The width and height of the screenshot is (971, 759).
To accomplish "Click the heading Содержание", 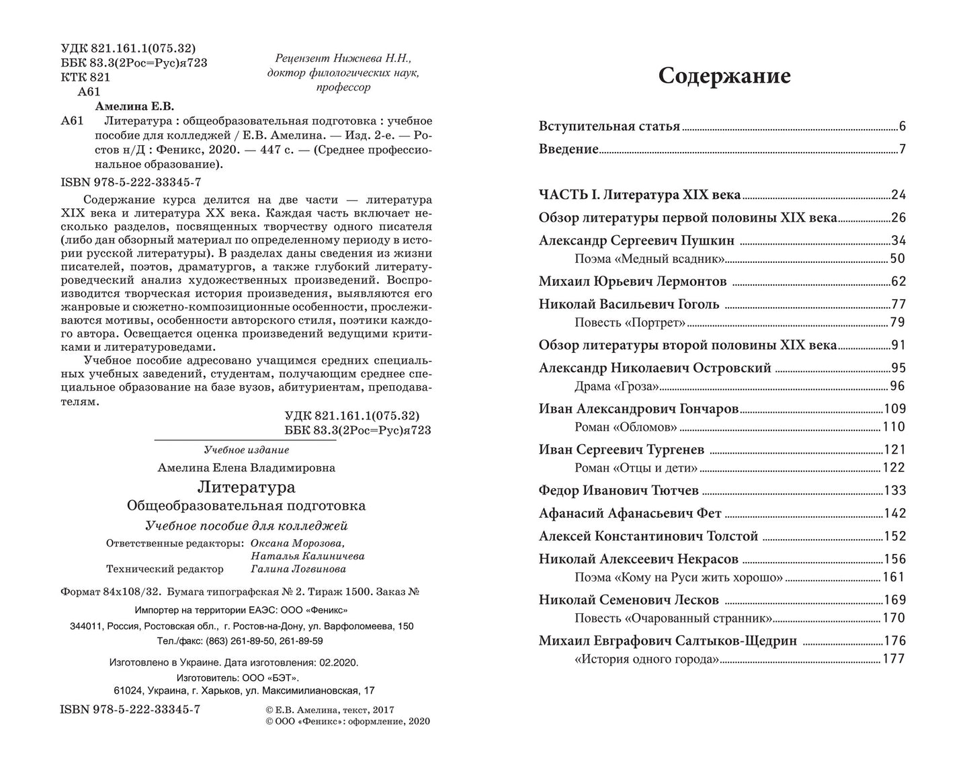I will [x=724, y=76].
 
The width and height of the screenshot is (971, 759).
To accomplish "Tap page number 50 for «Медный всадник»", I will [x=898, y=259].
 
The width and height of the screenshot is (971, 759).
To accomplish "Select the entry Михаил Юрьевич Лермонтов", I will [x=632, y=282].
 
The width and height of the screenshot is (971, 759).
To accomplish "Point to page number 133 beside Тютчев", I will [x=895, y=491].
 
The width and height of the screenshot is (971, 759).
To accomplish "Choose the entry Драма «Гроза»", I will [x=617, y=386].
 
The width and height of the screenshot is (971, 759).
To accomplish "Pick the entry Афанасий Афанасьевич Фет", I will [x=630, y=514].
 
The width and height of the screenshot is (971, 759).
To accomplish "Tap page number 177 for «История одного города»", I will [x=894, y=660].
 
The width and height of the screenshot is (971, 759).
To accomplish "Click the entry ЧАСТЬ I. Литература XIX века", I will [x=639, y=195].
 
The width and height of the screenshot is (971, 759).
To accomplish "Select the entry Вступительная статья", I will [x=609, y=126].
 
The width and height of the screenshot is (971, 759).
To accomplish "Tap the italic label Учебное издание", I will [x=246, y=450].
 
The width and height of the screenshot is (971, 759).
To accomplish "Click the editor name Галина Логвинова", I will [x=298, y=569].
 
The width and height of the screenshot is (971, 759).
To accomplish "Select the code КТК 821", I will [x=85, y=77].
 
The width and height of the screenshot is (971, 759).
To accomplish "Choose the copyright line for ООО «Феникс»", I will [x=339, y=721].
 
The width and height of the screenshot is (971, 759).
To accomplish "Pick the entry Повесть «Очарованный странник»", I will [x=673, y=618].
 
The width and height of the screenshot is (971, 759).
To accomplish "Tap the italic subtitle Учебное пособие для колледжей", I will [x=246, y=526].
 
